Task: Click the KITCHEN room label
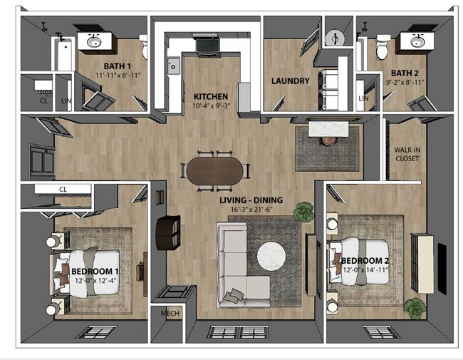coord(210,96)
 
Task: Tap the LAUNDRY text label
coord(291,81)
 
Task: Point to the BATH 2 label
coord(404,73)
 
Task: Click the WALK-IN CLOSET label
coord(407,153)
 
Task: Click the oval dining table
coord(215,170)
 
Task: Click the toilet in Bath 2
coord(383,47)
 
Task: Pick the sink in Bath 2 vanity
coord(414,41)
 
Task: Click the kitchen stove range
coord(207,44)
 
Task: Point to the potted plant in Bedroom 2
coord(414,307)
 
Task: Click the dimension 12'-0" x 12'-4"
coord(94,281)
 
